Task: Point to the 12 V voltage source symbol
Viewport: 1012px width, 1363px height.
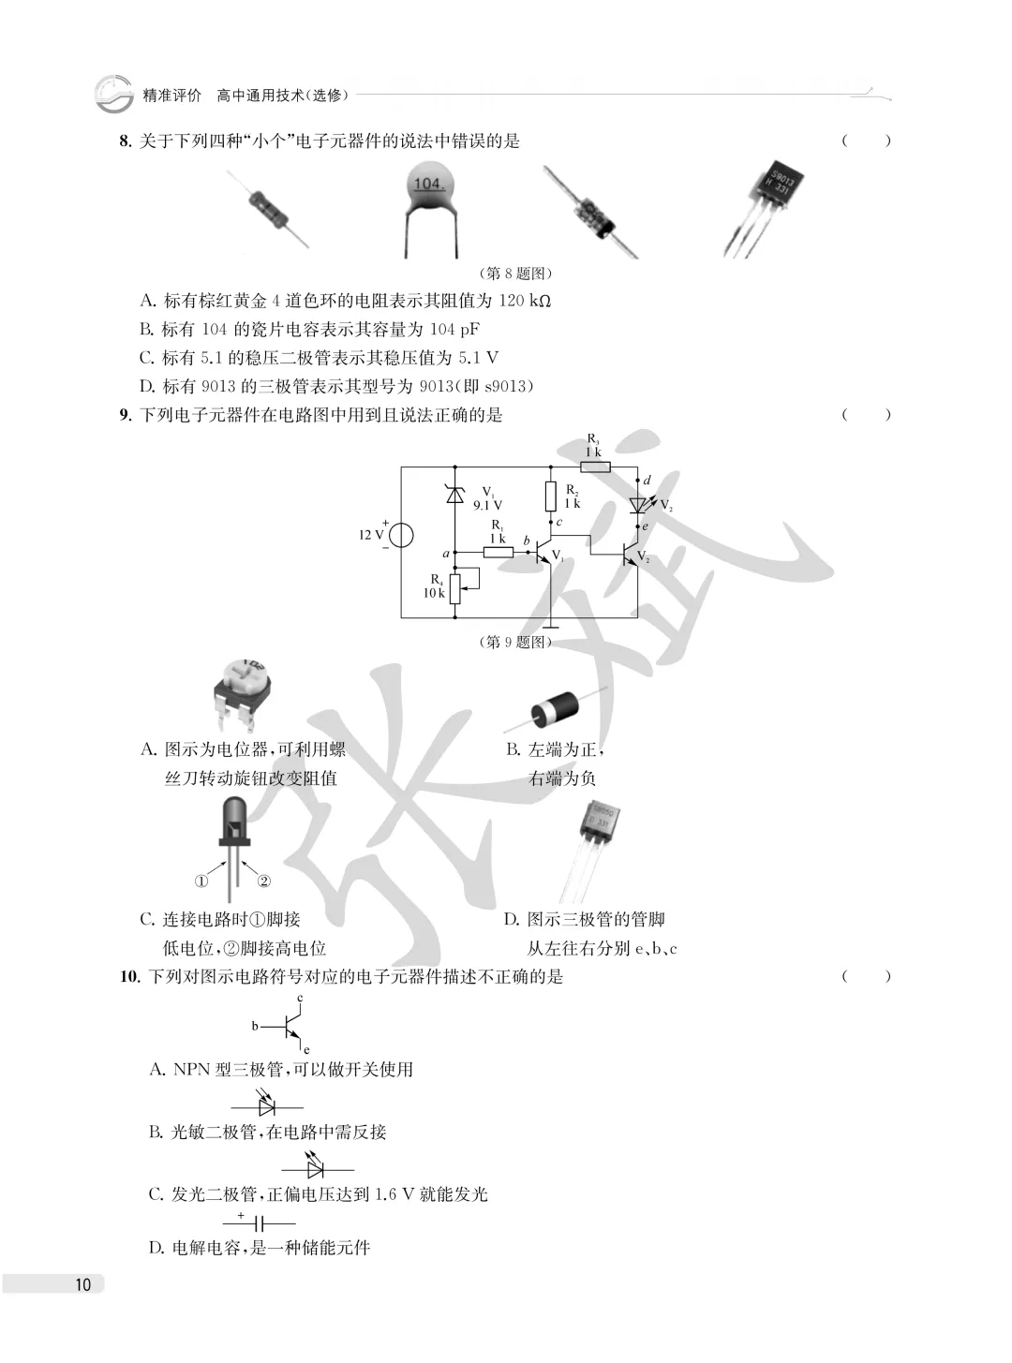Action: (x=401, y=536)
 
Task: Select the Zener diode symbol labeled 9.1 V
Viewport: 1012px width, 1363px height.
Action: (x=455, y=494)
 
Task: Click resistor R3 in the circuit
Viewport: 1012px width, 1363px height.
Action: (x=595, y=467)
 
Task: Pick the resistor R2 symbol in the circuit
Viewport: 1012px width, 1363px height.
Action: (x=551, y=496)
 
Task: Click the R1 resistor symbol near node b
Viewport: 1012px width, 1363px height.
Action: (x=499, y=552)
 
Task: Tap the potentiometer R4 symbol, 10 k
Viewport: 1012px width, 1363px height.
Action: (x=456, y=588)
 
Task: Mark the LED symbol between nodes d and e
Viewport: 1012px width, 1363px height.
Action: (x=639, y=504)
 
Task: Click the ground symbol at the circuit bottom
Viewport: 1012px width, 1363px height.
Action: (x=551, y=627)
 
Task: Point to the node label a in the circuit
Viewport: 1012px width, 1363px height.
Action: (x=446, y=554)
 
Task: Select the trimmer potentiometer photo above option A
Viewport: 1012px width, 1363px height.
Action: (x=243, y=695)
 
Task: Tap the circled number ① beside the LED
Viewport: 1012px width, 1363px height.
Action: (x=201, y=882)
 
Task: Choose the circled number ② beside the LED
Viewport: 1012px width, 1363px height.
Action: (x=263, y=882)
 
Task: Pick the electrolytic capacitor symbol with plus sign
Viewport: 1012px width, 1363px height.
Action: (x=259, y=1223)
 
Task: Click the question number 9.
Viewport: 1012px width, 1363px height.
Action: (x=126, y=415)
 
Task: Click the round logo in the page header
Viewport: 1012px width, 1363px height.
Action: (x=113, y=94)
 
